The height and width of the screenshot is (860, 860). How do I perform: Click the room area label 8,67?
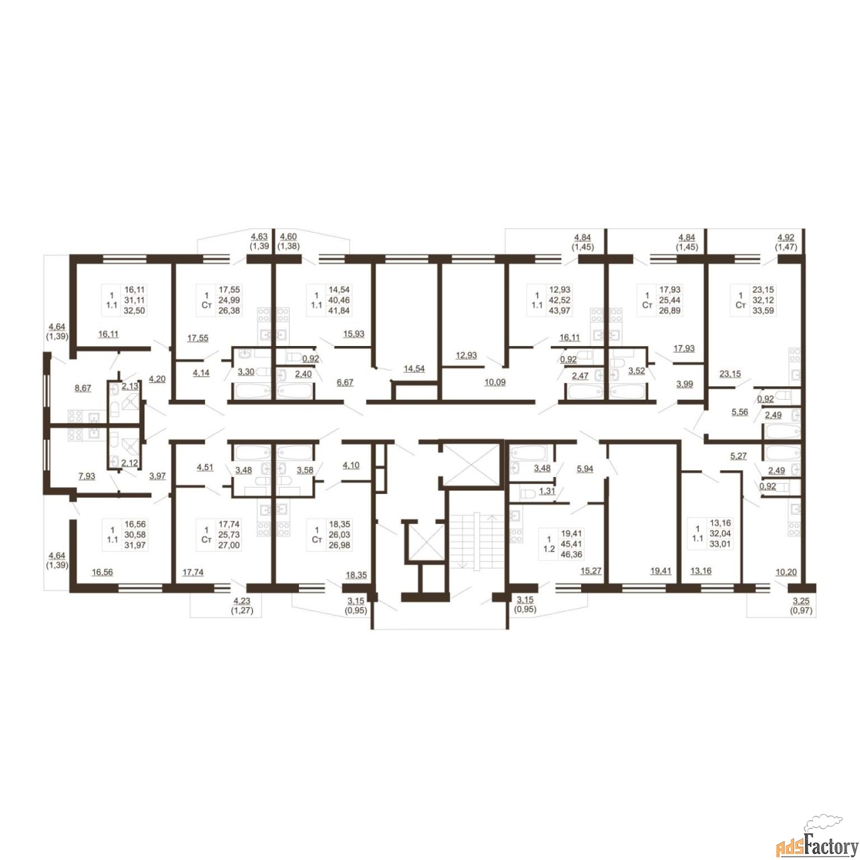tap(83, 388)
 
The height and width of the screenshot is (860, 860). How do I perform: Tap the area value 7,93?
tap(87, 476)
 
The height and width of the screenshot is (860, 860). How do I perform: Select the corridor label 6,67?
tap(345, 382)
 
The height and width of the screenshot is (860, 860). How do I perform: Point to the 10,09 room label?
tap(495, 382)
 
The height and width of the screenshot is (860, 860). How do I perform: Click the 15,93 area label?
tap(353, 333)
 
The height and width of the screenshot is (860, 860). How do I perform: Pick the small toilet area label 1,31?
tap(547, 491)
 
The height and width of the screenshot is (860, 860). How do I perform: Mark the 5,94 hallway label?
tap(585, 468)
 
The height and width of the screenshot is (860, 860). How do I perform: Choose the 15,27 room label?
tap(591, 570)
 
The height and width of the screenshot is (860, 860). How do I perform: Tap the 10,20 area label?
tap(786, 572)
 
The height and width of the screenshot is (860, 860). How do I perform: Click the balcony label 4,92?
tap(786, 237)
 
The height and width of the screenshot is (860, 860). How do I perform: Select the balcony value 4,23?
tap(242, 601)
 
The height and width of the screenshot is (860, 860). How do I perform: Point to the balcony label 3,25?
tap(801, 601)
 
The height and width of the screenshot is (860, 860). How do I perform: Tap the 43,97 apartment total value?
tap(560, 310)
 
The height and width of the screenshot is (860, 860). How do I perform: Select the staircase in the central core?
tap(476, 542)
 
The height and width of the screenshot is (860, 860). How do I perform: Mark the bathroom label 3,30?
tap(246, 372)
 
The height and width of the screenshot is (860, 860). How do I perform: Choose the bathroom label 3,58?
tap(305, 470)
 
